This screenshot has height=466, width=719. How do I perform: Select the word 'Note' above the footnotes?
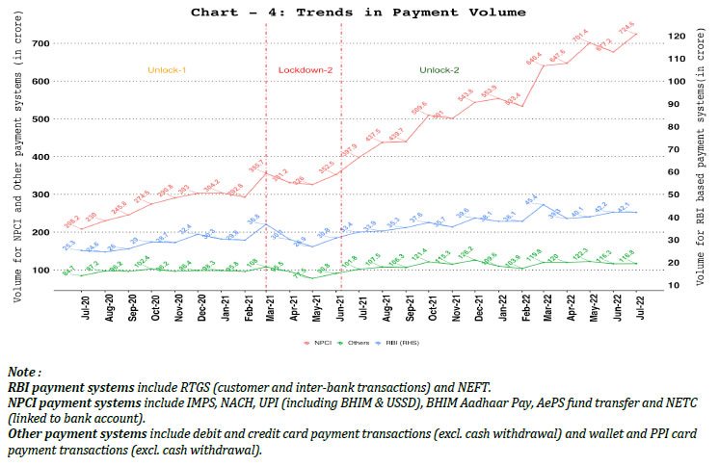(x=22, y=371)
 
